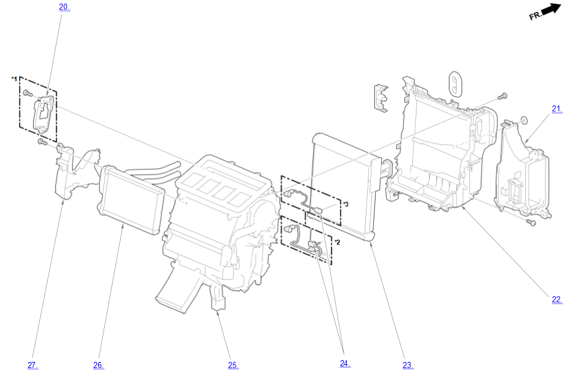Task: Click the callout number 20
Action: (x=64, y=7)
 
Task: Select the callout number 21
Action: (x=557, y=108)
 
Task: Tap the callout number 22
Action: (x=557, y=299)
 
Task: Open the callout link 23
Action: (x=408, y=366)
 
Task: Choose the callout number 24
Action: (x=345, y=364)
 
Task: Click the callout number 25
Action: (x=233, y=366)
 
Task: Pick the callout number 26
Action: (x=98, y=366)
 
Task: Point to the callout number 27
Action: (x=33, y=366)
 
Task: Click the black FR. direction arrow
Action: (x=551, y=9)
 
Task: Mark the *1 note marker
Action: (x=14, y=78)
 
